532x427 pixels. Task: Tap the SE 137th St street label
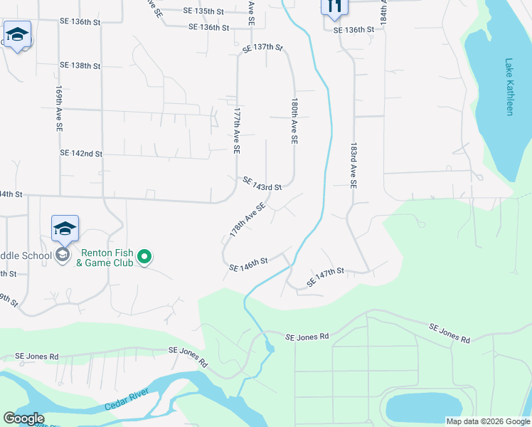(x=262, y=48)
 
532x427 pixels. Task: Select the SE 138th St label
(x=80, y=65)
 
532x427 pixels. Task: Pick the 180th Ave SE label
(x=293, y=122)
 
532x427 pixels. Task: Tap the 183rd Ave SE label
(x=353, y=164)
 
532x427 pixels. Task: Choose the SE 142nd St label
(x=81, y=153)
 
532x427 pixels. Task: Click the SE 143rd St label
(x=262, y=184)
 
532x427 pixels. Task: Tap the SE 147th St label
(x=325, y=277)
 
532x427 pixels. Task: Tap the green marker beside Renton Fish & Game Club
(x=144, y=256)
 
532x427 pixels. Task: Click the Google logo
(x=23, y=418)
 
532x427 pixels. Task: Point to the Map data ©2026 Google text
(x=487, y=421)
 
